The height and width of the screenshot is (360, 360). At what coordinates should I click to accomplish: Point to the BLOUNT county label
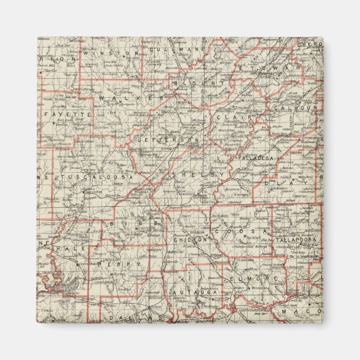[x=193, y=83]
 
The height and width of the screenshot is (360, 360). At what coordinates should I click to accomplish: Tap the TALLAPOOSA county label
[x=296, y=240]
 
